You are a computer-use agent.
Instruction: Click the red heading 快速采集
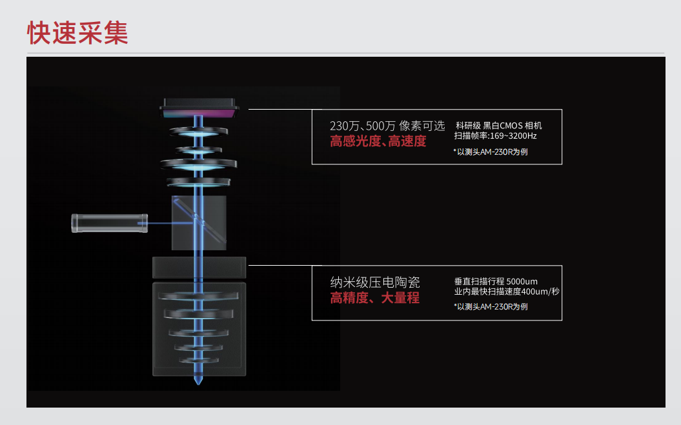coord(77,32)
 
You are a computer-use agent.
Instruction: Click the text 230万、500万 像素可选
coord(387,126)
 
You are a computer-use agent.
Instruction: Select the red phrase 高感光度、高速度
coord(378,141)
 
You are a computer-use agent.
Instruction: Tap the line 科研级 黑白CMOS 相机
coord(498,126)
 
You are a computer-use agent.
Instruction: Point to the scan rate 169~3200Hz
coord(513,136)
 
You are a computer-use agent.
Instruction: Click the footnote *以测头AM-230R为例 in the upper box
coord(491,152)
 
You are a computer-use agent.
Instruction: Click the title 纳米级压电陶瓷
coord(375,282)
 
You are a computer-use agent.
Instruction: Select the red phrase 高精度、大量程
coord(375,298)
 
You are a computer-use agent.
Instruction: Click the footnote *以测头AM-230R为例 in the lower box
coord(491,306)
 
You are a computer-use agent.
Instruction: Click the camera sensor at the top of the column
coord(199,108)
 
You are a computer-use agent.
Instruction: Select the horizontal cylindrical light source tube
coord(110,223)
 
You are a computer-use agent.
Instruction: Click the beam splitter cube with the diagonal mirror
coord(199,222)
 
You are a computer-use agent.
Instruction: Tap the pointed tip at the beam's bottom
coord(198,382)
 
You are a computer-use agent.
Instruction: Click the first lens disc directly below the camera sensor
coord(198,132)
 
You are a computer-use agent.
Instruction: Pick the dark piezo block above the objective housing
coord(199,268)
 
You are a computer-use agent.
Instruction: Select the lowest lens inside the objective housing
coord(199,361)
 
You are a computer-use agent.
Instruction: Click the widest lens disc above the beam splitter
coord(198,164)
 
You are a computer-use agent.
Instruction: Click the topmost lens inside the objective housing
coord(198,296)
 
